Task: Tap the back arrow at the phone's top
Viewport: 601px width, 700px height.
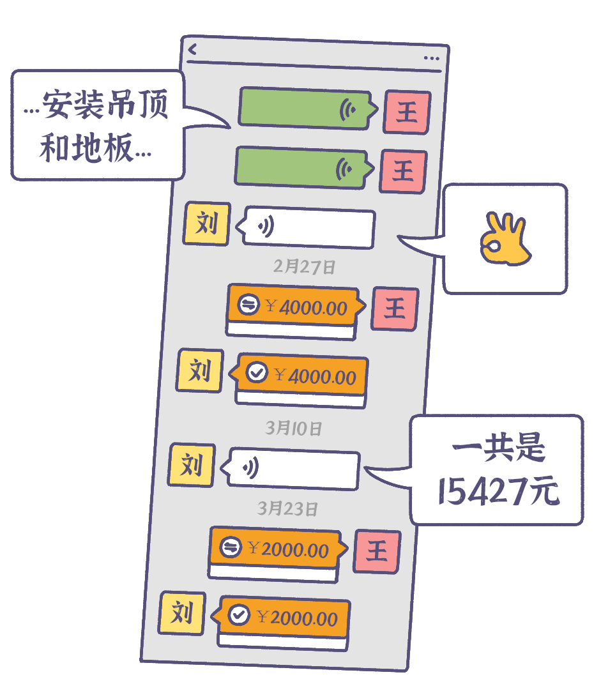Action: (x=192, y=49)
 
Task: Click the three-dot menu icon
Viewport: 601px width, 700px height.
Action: (x=431, y=58)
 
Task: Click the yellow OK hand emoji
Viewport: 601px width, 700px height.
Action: (x=505, y=239)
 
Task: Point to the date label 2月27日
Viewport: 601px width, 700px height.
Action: (x=304, y=266)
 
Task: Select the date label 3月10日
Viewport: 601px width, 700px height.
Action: (x=293, y=428)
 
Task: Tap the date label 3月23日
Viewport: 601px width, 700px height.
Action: (x=287, y=508)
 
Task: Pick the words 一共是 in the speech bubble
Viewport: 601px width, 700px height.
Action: (x=499, y=446)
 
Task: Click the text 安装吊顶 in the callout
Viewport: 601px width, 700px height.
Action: (x=105, y=104)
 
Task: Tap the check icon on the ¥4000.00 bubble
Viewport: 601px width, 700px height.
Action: (x=257, y=372)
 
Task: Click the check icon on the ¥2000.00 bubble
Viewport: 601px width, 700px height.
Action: (x=239, y=614)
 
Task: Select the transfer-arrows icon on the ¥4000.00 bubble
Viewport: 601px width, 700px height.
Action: (x=248, y=305)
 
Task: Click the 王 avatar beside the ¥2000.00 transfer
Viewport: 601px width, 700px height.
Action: (x=377, y=551)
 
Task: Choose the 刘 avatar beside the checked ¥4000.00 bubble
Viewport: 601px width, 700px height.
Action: (x=199, y=370)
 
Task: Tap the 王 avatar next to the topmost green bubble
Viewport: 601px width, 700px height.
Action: (x=407, y=112)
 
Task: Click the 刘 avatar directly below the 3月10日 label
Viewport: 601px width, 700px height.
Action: (x=192, y=465)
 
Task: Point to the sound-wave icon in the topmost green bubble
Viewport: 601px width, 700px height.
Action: (x=347, y=110)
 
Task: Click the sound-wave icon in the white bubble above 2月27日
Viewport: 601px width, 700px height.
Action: (x=266, y=226)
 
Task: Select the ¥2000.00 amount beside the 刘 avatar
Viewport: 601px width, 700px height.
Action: (x=298, y=618)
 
